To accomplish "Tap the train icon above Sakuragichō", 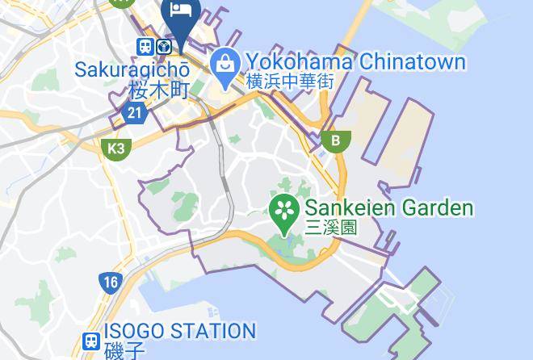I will [x=146, y=47].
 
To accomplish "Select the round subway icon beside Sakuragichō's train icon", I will [x=165, y=47].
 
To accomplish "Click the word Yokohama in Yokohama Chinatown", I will [x=297, y=61].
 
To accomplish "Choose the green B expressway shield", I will [x=334, y=140].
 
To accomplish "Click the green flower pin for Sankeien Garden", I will [x=284, y=211].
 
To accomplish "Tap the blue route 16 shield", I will [x=111, y=283].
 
